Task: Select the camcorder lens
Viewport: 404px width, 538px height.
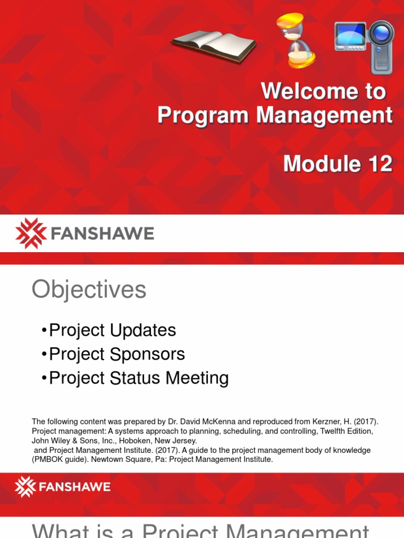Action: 381,35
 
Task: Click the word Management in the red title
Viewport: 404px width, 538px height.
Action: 325,116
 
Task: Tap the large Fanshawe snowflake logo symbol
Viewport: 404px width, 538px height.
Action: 31,233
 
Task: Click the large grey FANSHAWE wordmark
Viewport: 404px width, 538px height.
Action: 102,233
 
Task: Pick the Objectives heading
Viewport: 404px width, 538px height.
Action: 89,289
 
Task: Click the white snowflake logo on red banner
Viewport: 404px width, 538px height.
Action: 25,487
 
